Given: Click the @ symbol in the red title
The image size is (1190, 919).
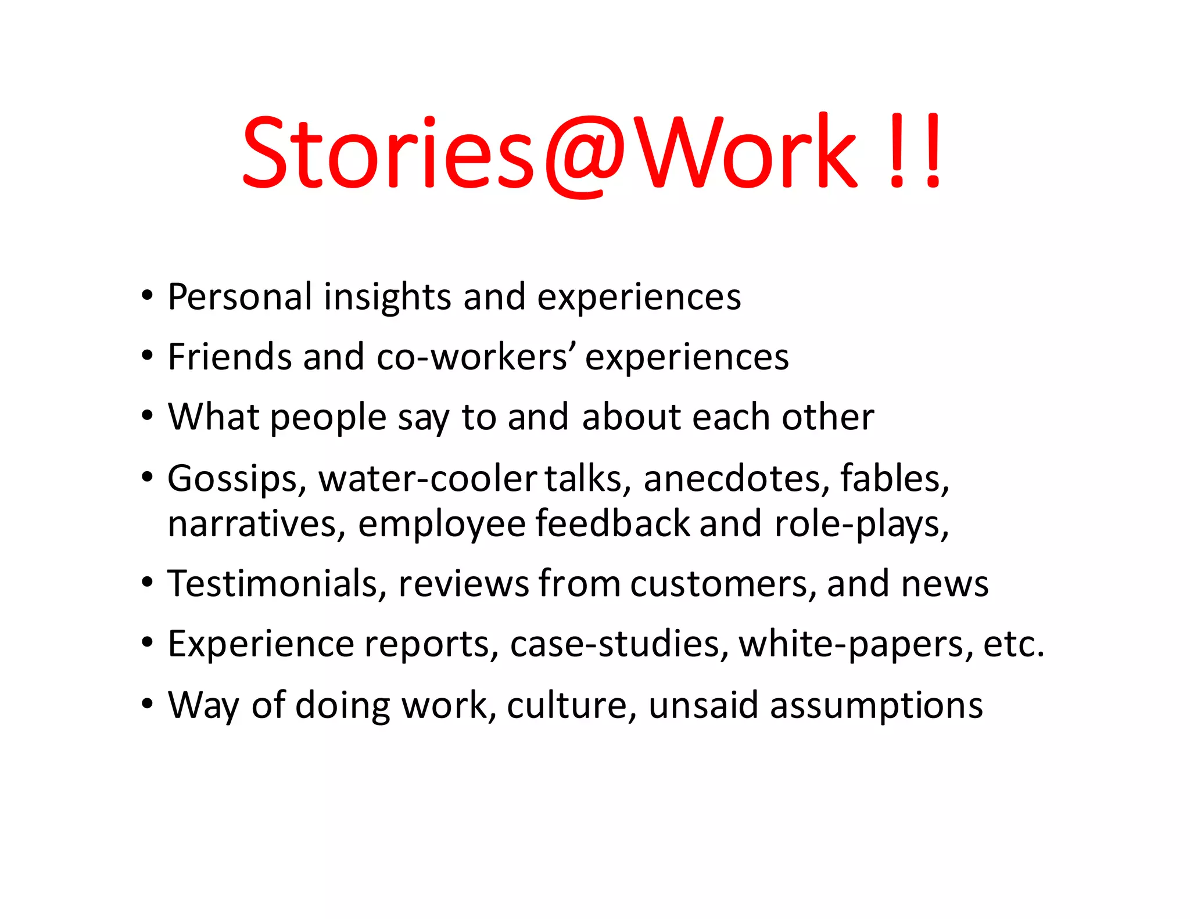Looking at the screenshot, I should [585, 154].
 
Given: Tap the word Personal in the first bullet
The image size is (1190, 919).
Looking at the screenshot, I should [239, 297].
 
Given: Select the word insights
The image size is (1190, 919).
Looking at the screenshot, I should [387, 297].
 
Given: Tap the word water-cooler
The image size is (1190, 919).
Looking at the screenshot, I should [427, 479].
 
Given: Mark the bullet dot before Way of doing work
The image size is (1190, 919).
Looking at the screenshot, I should [148, 704].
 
